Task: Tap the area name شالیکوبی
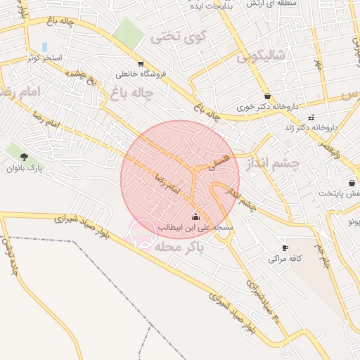262,55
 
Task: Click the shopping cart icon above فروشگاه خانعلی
141,63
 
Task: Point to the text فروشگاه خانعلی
141,73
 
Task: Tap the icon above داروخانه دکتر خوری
267,96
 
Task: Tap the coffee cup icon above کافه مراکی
285,248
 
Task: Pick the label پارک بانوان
25,169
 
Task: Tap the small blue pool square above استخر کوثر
45,46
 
